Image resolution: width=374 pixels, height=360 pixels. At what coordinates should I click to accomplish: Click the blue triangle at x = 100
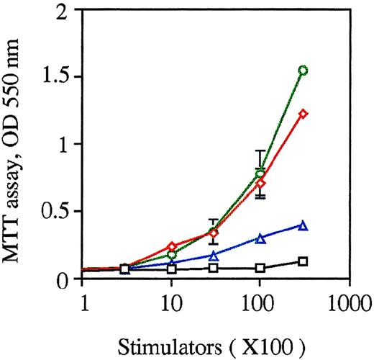point(260,238)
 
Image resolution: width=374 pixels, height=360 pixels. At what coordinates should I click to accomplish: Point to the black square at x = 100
point(260,268)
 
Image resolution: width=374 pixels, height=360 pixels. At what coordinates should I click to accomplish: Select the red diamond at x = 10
point(171,247)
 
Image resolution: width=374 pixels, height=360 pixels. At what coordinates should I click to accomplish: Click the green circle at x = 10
point(171,255)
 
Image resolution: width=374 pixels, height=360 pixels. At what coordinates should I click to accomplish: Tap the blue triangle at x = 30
point(214,256)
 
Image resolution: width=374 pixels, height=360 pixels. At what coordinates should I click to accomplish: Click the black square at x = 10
point(171,269)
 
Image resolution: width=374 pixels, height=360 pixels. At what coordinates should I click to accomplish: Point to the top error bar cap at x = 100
point(260,150)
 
